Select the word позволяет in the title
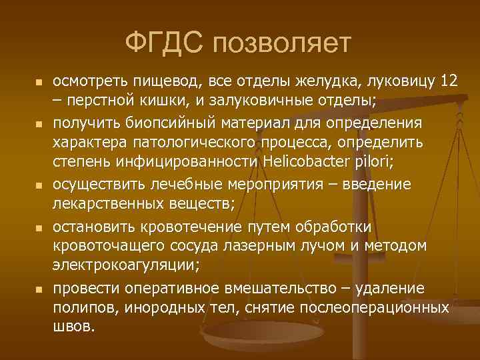click(x=280, y=44)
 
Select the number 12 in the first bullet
click(x=449, y=82)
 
